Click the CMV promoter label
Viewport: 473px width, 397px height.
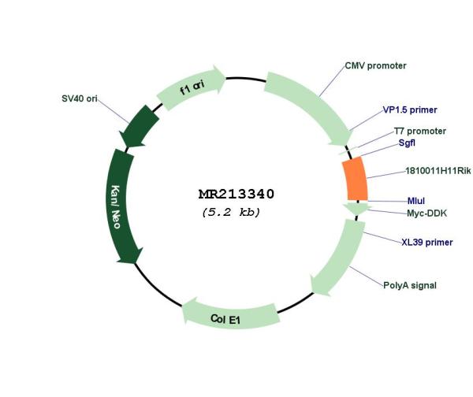click(375, 65)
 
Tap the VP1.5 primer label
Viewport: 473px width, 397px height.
click(410, 109)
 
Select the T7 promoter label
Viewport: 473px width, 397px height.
click(420, 131)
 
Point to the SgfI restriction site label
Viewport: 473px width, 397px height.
click(407, 143)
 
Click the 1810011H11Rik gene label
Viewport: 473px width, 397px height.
click(438, 171)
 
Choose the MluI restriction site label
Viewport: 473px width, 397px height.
click(416, 201)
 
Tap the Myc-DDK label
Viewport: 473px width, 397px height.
click(426, 213)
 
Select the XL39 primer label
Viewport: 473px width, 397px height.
click(426, 242)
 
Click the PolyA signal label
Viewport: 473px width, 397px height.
click(410, 285)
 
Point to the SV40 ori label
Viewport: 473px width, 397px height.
click(80, 98)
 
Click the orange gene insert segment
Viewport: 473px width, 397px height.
click(356, 179)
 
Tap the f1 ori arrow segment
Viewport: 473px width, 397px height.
click(192, 87)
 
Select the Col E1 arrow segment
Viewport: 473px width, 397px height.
click(229, 315)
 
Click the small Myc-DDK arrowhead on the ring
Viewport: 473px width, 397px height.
click(357, 209)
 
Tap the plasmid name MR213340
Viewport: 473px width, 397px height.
click(236, 194)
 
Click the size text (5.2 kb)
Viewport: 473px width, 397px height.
click(231, 212)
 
